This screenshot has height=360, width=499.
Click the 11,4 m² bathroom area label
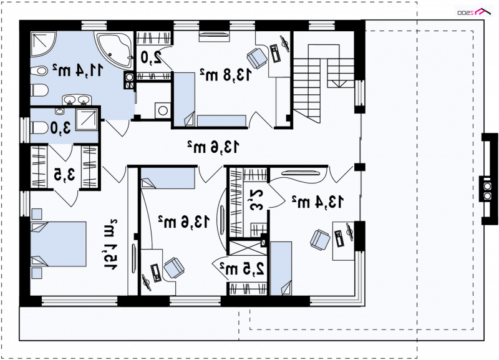pyautogui.click(x=78, y=70)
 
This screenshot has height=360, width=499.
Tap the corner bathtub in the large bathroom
pyautogui.click(x=115, y=50)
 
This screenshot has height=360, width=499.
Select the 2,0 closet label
pyautogui.click(x=151, y=57)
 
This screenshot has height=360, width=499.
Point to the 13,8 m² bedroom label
pyautogui.click(x=226, y=74)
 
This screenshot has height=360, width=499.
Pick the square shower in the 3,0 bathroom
pyautogui.click(x=86, y=119)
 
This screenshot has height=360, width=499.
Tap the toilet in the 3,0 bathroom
pyautogui.click(x=39, y=128)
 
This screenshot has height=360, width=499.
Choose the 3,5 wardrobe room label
pyautogui.click(x=64, y=174)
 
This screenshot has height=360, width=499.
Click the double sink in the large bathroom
pyautogui.click(x=77, y=100)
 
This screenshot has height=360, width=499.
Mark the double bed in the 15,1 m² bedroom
pyautogui.click(x=58, y=244)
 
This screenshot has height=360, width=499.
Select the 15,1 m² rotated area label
pyautogui.click(x=110, y=245)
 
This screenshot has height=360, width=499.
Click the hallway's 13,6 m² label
pyautogui.click(x=213, y=147)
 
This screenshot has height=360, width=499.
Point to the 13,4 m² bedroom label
pyautogui.click(x=317, y=202)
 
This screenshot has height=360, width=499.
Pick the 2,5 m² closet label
pyautogui.click(x=244, y=269)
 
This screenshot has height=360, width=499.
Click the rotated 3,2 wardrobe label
pyautogui.click(x=257, y=200)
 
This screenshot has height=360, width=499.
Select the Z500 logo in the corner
pyautogui.click(x=474, y=12)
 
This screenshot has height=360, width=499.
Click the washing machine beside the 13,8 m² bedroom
pyautogui.click(x=163, y=110)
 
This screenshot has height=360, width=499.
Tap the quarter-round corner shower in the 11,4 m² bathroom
pyautogui.click(x=43, y=44)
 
